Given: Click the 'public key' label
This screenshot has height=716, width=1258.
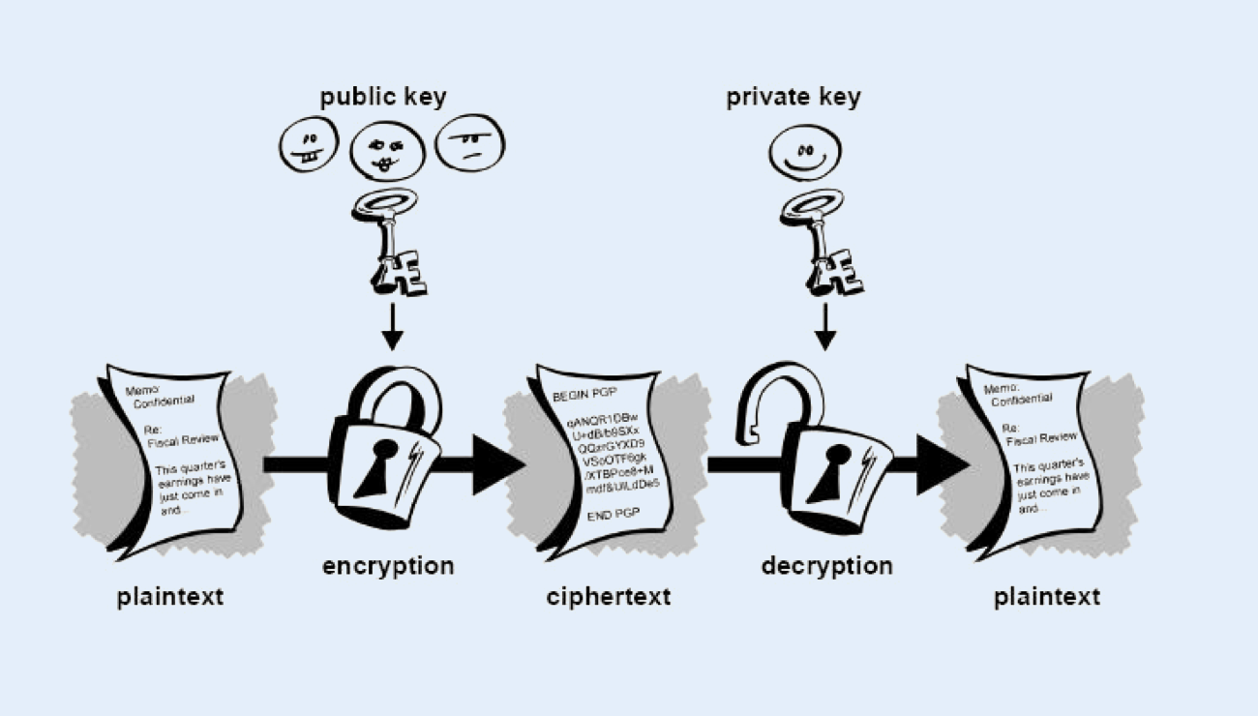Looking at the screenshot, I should (383, 97).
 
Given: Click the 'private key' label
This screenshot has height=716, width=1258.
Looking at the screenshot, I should (793, 97).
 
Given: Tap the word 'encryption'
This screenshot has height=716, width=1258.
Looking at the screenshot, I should (387, 565).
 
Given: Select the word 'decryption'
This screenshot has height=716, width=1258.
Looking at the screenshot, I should (826, 565).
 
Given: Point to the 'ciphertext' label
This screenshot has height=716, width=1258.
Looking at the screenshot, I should (608, 596).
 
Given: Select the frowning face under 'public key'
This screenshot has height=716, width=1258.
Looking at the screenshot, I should (470, 145).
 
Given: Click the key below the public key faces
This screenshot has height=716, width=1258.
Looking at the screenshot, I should (395, 242).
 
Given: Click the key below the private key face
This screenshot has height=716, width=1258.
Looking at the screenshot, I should (824, 242).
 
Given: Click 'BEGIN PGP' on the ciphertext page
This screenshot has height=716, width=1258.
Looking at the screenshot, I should (584, 397).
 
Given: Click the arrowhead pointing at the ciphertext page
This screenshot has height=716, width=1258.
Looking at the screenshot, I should (498, 464).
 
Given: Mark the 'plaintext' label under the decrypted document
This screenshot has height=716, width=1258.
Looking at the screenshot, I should (1047, 596).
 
